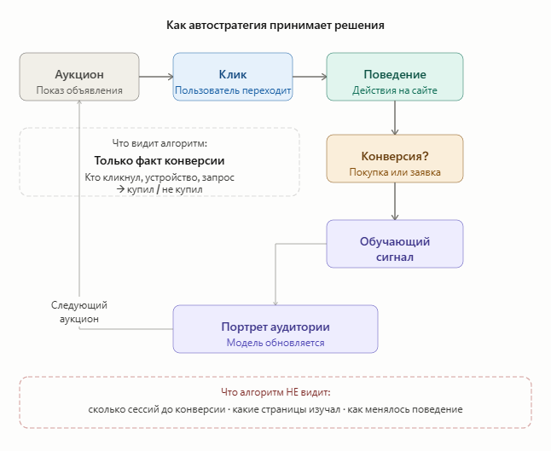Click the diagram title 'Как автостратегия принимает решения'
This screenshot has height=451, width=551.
[275, 26]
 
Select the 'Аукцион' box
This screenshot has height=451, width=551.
[79, 77]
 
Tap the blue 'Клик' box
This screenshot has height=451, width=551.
[233, 77]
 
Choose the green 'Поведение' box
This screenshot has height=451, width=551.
[395, 77]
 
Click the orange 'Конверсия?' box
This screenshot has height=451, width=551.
[395, 158]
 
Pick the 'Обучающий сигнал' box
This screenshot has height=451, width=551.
[395, 244]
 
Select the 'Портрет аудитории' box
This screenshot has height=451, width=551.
[275, 328]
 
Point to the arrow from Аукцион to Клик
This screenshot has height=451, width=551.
[156, 77]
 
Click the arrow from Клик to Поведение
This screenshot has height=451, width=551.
[310, 77]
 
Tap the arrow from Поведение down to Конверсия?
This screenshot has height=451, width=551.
[395, 118]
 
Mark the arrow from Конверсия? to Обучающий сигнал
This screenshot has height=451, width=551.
[395, 201]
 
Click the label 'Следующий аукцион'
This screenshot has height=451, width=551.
[79, 312]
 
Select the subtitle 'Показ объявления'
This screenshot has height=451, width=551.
[79, 90]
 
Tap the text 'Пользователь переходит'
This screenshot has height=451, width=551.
[233, 90]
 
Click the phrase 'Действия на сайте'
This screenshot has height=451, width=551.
[395, 90]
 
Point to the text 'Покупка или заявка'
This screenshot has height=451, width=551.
[395, 172]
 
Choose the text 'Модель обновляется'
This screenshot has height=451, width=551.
[275, 343]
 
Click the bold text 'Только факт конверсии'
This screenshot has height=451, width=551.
[159, 160]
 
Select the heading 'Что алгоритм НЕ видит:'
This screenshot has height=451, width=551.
[275, 392]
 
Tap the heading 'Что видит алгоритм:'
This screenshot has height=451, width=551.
[159, 143]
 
